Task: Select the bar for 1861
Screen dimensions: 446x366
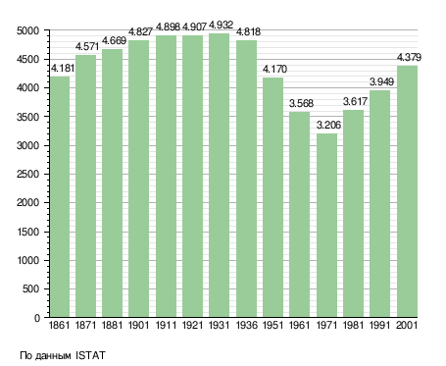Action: (x=60, y=196)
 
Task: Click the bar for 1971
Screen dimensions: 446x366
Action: (x=327, y=225)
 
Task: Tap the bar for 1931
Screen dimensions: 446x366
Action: (x=219, y=176)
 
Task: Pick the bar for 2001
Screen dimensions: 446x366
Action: (x=407, y=191)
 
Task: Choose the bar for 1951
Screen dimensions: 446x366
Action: (x=273, y=197)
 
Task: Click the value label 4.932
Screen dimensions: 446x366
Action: (x=221, y=25)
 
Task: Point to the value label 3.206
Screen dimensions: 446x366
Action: (x=328, y=125)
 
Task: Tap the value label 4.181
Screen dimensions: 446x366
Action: (x=63, y=68)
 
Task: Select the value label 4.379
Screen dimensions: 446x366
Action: (x=409, y=57)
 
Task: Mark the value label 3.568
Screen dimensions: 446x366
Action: (x=301, y=103)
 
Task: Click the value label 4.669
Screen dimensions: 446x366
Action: (x=114, y=40)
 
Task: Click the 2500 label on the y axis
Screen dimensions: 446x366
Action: (x=27, y=174)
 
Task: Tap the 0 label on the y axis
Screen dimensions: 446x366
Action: (x=37, y=318)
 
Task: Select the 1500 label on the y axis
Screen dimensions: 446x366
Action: (x=27, y=232)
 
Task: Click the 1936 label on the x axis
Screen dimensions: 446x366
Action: (x=246, y=325)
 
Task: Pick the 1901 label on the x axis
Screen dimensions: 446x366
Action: (x=138, y=325)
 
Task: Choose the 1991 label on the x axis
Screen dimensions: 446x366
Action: (x=380, y=325)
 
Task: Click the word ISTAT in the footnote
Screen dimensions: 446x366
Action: (x=90, y=355)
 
